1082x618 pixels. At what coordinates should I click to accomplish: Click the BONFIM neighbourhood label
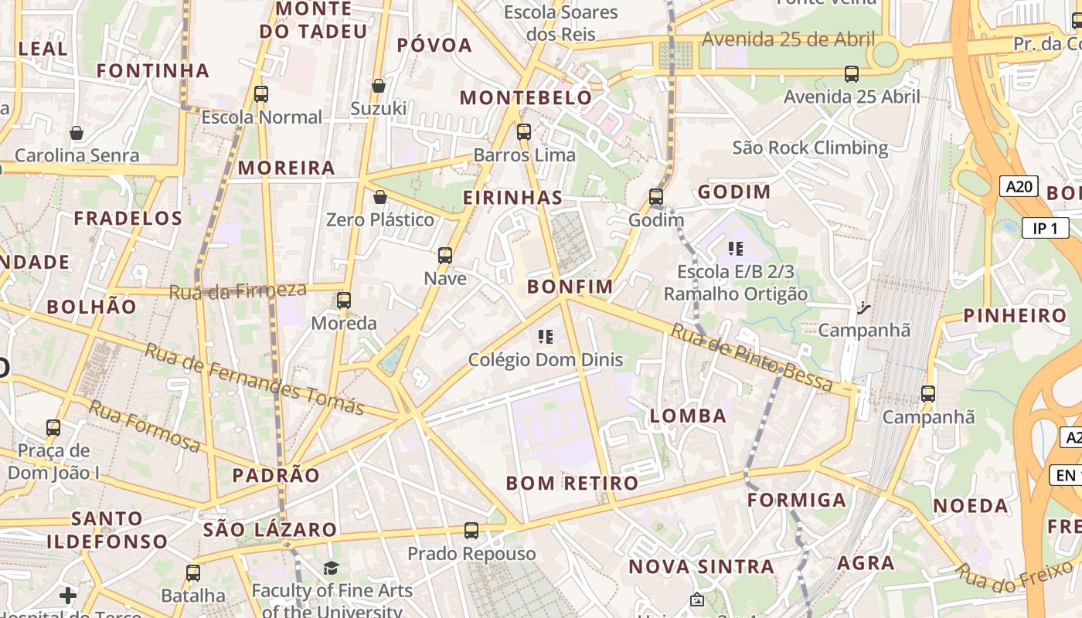(570, 287)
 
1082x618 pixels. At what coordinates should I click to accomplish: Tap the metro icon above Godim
(656, 197)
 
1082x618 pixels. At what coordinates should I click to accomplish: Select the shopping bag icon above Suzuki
(379, 86)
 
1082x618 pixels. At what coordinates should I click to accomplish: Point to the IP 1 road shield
(1045, 228)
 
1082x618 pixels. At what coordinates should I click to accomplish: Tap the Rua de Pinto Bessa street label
(751, 357)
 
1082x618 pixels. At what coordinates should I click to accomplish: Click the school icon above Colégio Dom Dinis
(546, 336)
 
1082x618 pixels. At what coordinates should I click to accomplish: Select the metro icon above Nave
(445, 255)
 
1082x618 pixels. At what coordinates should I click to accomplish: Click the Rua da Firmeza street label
(237, 291)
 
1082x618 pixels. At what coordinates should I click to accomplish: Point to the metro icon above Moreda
(344, 300)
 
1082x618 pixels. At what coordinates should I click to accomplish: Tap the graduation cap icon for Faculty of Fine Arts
(331, 569)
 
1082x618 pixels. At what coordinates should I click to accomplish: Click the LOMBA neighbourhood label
(688, 416)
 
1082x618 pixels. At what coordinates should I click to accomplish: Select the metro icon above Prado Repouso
(471, 531)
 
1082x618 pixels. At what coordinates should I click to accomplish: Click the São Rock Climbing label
(810, 148)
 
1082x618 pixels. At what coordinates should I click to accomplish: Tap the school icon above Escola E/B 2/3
(735, 249)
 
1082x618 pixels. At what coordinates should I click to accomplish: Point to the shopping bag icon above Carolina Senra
(77, 133)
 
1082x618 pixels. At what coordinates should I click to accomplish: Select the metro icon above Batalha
(193, 572)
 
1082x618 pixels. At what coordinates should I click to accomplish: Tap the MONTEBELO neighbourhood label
(526, 98)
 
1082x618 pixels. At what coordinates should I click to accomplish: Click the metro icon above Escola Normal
(261, 94)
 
